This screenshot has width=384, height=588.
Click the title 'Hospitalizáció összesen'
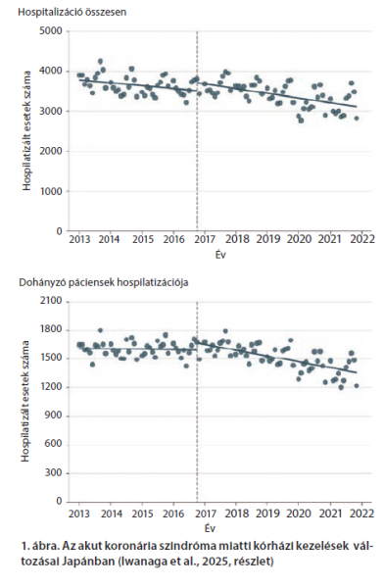[x=72, y=12]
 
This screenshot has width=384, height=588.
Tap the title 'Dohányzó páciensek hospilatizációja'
[x=104, y=283]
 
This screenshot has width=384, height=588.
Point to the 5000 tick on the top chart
[x=51, y=31]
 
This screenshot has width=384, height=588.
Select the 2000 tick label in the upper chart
[x=51, y=151]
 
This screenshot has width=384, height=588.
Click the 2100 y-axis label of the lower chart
[x=51, y=302]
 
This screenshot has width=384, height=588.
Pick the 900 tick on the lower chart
[x=55, y=416]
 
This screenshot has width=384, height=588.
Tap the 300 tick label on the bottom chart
[x=55, y=473]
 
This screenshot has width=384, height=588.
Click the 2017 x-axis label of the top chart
[x=206, y=239]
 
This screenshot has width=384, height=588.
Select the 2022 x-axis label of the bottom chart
[x=362, y=513]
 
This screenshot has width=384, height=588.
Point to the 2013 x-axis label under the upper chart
[x=79, y=239]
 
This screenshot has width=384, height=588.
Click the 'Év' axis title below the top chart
[x=220, y=255]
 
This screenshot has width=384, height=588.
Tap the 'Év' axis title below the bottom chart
[x=211, y=528]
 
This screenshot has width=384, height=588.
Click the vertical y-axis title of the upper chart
[x=26, y=131]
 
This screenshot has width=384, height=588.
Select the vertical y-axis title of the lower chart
[x=25, y=401]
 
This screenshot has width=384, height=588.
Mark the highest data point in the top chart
[x=100, y=61]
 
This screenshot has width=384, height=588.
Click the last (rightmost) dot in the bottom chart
[x=357, y=385]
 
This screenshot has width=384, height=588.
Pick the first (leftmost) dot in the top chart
[x=79, y=75]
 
